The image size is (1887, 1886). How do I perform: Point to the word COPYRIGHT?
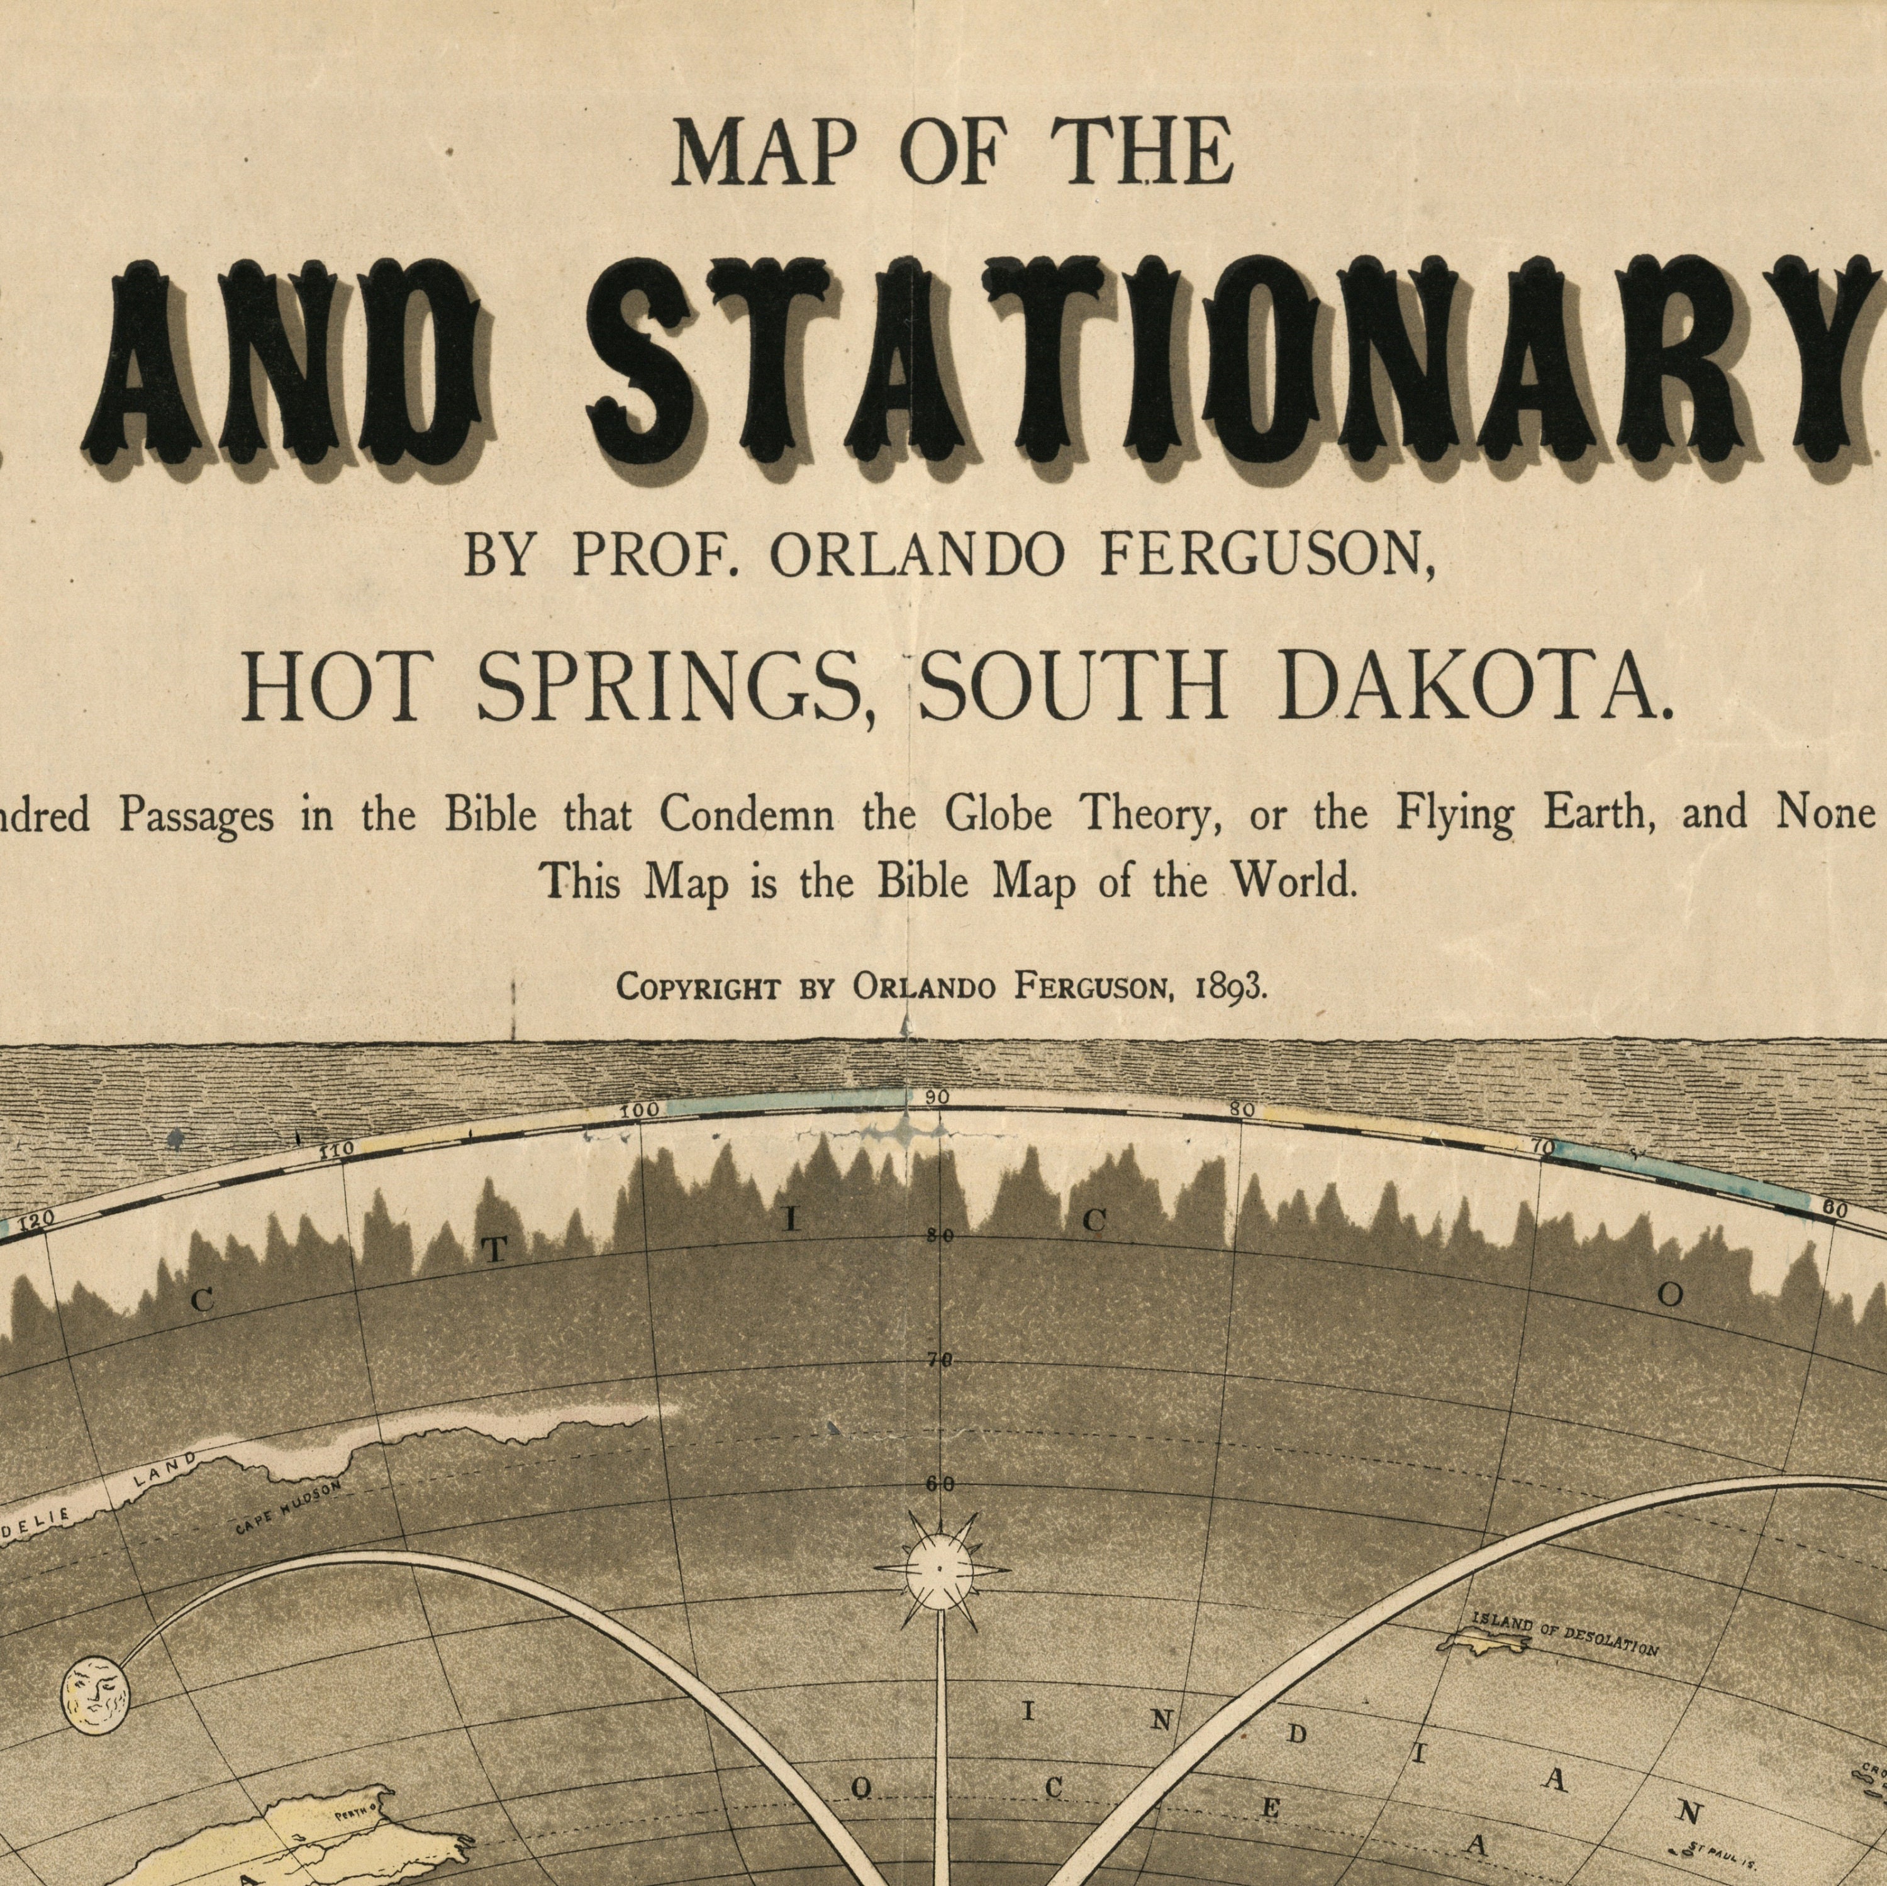tap(698, 989)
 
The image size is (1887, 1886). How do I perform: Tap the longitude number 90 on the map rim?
tap(937, 1097)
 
